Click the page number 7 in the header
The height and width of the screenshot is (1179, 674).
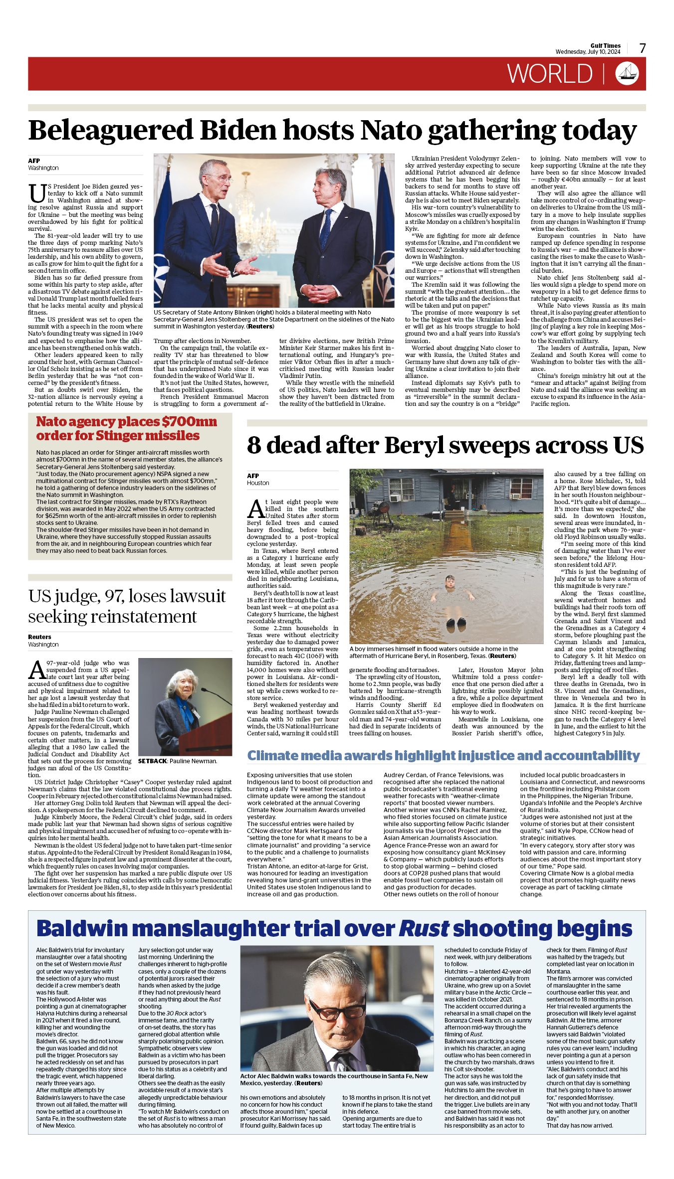coord(642,48)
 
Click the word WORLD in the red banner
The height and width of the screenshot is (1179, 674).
coord(550,74)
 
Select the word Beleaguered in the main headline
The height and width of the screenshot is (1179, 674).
coord(110,131)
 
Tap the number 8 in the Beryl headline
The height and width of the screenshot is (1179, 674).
coord(254,445)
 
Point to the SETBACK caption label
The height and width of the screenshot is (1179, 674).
coord(152,761)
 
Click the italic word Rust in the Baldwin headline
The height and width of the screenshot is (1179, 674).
coord(424,929)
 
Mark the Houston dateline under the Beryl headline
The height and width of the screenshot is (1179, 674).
coord(258,483)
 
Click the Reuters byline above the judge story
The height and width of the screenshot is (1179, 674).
coord(39,637)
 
